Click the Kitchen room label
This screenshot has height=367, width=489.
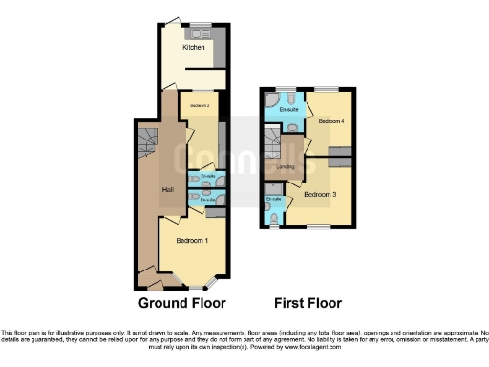pyautogui.click(x=194, y=47)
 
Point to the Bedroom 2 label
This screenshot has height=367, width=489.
pyautogui.click(x=199, y=105)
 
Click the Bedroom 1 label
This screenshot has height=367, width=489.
pyautogui.click(x=193, y=241)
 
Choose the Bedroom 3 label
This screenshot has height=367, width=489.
pyautogui.click(x=320, y=194)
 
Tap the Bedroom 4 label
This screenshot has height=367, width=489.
pyautogui.click(x=330, y=122)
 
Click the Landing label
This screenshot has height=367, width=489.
pyautogui.click(x=286, y=167)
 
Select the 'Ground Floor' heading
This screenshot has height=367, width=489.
pyautogui.click(x=182, y=304)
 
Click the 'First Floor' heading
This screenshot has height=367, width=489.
pyautogui.click(x=308, y=304)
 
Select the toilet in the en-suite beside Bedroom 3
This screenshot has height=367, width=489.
pyautogui.click(x=275, y=218)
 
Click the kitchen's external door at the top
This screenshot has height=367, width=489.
pyautogui.click(x=171, y=21)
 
